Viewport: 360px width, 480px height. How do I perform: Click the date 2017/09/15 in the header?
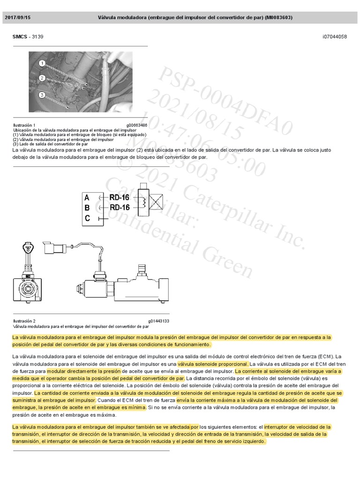(x=17, y=18)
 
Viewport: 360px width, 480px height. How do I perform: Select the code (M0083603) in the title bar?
(x=278, y=18)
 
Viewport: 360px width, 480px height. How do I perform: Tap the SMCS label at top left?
(x=20, y=37)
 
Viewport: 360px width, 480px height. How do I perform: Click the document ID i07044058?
(x=335, y=37)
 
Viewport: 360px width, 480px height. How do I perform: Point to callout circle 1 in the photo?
(x=42, y=63)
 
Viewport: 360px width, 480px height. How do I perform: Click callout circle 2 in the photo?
(x=42, y=78)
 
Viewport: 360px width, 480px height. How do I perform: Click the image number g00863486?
(x=136, y=125)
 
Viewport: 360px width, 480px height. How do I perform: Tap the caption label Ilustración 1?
(x=24, y=125)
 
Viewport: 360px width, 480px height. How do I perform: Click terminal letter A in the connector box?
(x=87, y=197)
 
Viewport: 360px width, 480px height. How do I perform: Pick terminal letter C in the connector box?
(x=87, y=217)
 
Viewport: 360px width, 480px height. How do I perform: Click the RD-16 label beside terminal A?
(x=120, y=197)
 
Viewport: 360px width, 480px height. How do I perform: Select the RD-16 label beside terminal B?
(x=120, y=207)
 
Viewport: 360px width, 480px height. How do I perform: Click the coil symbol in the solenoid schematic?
(x=144, y=202)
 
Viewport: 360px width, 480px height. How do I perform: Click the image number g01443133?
(x=158, y=321)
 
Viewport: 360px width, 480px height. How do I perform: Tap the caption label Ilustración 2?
(x=24, y=321)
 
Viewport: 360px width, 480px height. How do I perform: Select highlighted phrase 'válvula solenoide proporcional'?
(x=212, y=364)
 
